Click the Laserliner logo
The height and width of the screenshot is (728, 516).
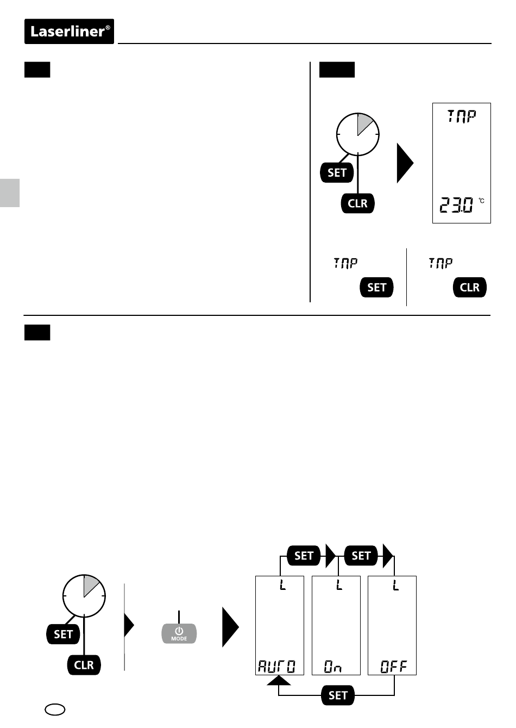[x=69, y=32]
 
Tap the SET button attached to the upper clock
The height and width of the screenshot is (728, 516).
[x=337, y=172]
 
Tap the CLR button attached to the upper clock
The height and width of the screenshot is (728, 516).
[x=357, y=203]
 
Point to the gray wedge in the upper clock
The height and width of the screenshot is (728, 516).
[x=364, y=124]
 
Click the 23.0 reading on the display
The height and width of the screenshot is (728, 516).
[x=456, y=205]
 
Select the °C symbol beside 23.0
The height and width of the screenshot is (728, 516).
[x=481, y=201]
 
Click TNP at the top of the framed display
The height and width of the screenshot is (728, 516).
[x=461, y=116]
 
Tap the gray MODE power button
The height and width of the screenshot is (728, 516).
[x=179, y=633]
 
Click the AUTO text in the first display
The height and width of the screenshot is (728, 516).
[x=277, y=667]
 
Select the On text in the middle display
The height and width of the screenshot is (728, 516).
[x=333, y=667]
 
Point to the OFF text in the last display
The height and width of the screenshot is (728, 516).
[x=393, y=667]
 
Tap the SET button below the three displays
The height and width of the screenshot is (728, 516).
[x=337, y=695]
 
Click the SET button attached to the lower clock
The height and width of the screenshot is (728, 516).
[x=63, y=634]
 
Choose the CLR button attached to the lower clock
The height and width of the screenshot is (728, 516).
[x=84, y=665]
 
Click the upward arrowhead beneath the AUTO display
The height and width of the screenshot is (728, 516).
[x=279, y=680]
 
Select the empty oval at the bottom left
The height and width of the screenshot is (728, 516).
[x=55, y=710]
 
